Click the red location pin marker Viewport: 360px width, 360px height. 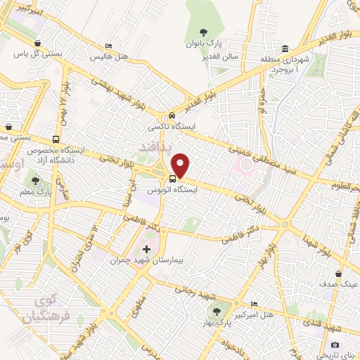tap(181, 166)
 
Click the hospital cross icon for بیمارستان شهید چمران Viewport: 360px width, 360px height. tap(146, 249)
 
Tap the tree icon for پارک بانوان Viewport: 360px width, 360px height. tap(203, 32)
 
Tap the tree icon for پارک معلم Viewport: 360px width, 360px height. tap(34, 181)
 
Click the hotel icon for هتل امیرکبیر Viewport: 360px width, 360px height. tap(254, 303)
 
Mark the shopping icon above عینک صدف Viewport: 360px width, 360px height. tap(340, 273)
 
